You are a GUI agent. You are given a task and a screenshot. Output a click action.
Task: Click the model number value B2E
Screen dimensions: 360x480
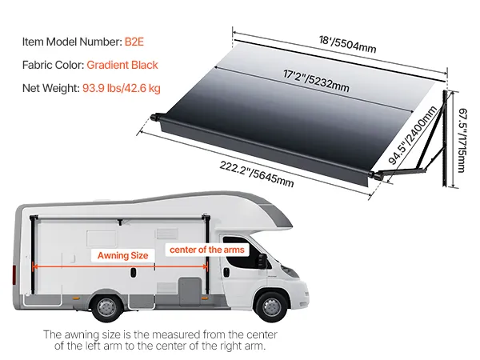point(135,40)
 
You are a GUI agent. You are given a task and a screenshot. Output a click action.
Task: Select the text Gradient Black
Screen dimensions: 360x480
point(122,65)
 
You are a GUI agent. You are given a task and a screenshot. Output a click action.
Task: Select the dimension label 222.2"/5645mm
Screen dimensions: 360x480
point(255,174)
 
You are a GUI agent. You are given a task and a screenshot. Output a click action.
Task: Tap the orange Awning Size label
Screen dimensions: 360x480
point(123,255)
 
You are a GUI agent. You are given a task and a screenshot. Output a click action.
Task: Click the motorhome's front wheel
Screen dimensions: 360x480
point(270,306)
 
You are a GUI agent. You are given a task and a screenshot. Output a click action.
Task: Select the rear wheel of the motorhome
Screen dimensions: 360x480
point(106,306)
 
